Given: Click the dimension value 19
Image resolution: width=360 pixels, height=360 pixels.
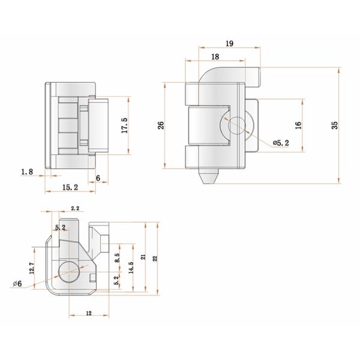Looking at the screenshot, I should click(230, 44).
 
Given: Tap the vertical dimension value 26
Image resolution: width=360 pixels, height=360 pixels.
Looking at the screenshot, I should click(160, 125).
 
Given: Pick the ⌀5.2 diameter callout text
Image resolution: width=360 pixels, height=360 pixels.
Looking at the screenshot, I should click(281, 143).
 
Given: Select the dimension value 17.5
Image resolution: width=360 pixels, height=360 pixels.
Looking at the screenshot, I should click(124, 127).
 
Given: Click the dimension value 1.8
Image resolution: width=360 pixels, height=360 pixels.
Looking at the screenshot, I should click(26, 172).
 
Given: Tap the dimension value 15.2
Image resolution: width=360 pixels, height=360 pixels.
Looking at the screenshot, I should click(69, 187).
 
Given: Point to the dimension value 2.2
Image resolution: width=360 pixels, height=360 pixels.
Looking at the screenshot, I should click(76, 208).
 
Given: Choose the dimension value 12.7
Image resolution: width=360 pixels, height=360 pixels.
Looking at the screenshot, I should click(31, 268).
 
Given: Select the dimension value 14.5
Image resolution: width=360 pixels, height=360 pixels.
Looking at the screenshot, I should click(130, 268).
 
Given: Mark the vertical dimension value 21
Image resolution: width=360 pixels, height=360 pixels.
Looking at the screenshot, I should click(143, 256).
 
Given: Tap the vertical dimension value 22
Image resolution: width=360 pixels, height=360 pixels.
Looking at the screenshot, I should click(155, 258).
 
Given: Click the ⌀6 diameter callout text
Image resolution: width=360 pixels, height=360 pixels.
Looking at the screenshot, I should click(16, 284).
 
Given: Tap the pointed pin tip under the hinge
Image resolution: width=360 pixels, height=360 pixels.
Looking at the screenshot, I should click(206, 178).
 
